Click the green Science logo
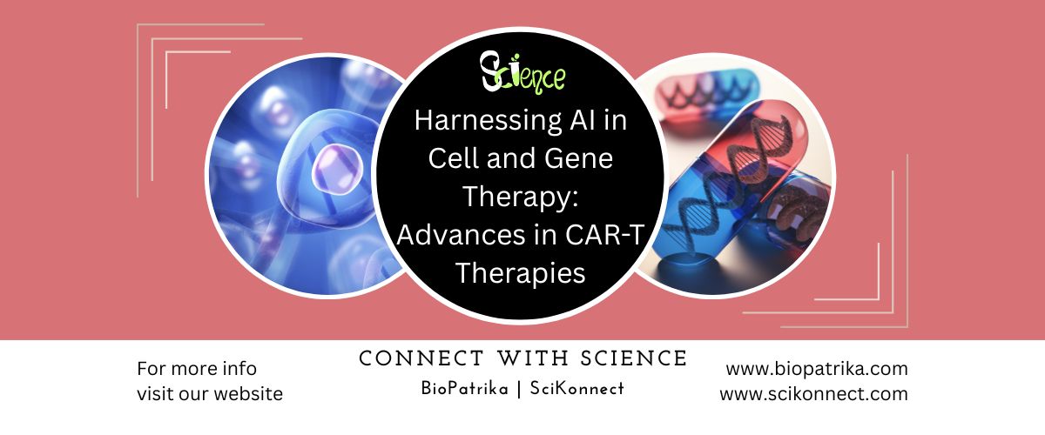[x=522, y=74]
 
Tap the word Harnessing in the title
[x=487, y=121]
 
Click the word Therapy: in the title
[x=521, y=197]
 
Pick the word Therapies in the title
[x=520, y=273]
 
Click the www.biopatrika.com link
[x=817, y=369]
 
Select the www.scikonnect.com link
[x=813, y=394]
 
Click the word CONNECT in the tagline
[x=421, y=358]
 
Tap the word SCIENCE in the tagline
[x=634, y=358]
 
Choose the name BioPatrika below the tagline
[x=464, y=388]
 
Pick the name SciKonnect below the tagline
[x=577, y=388]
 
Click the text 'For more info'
[x=197, y=369]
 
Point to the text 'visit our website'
[x=210, y=394]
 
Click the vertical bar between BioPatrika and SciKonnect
[x=519, y=389]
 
